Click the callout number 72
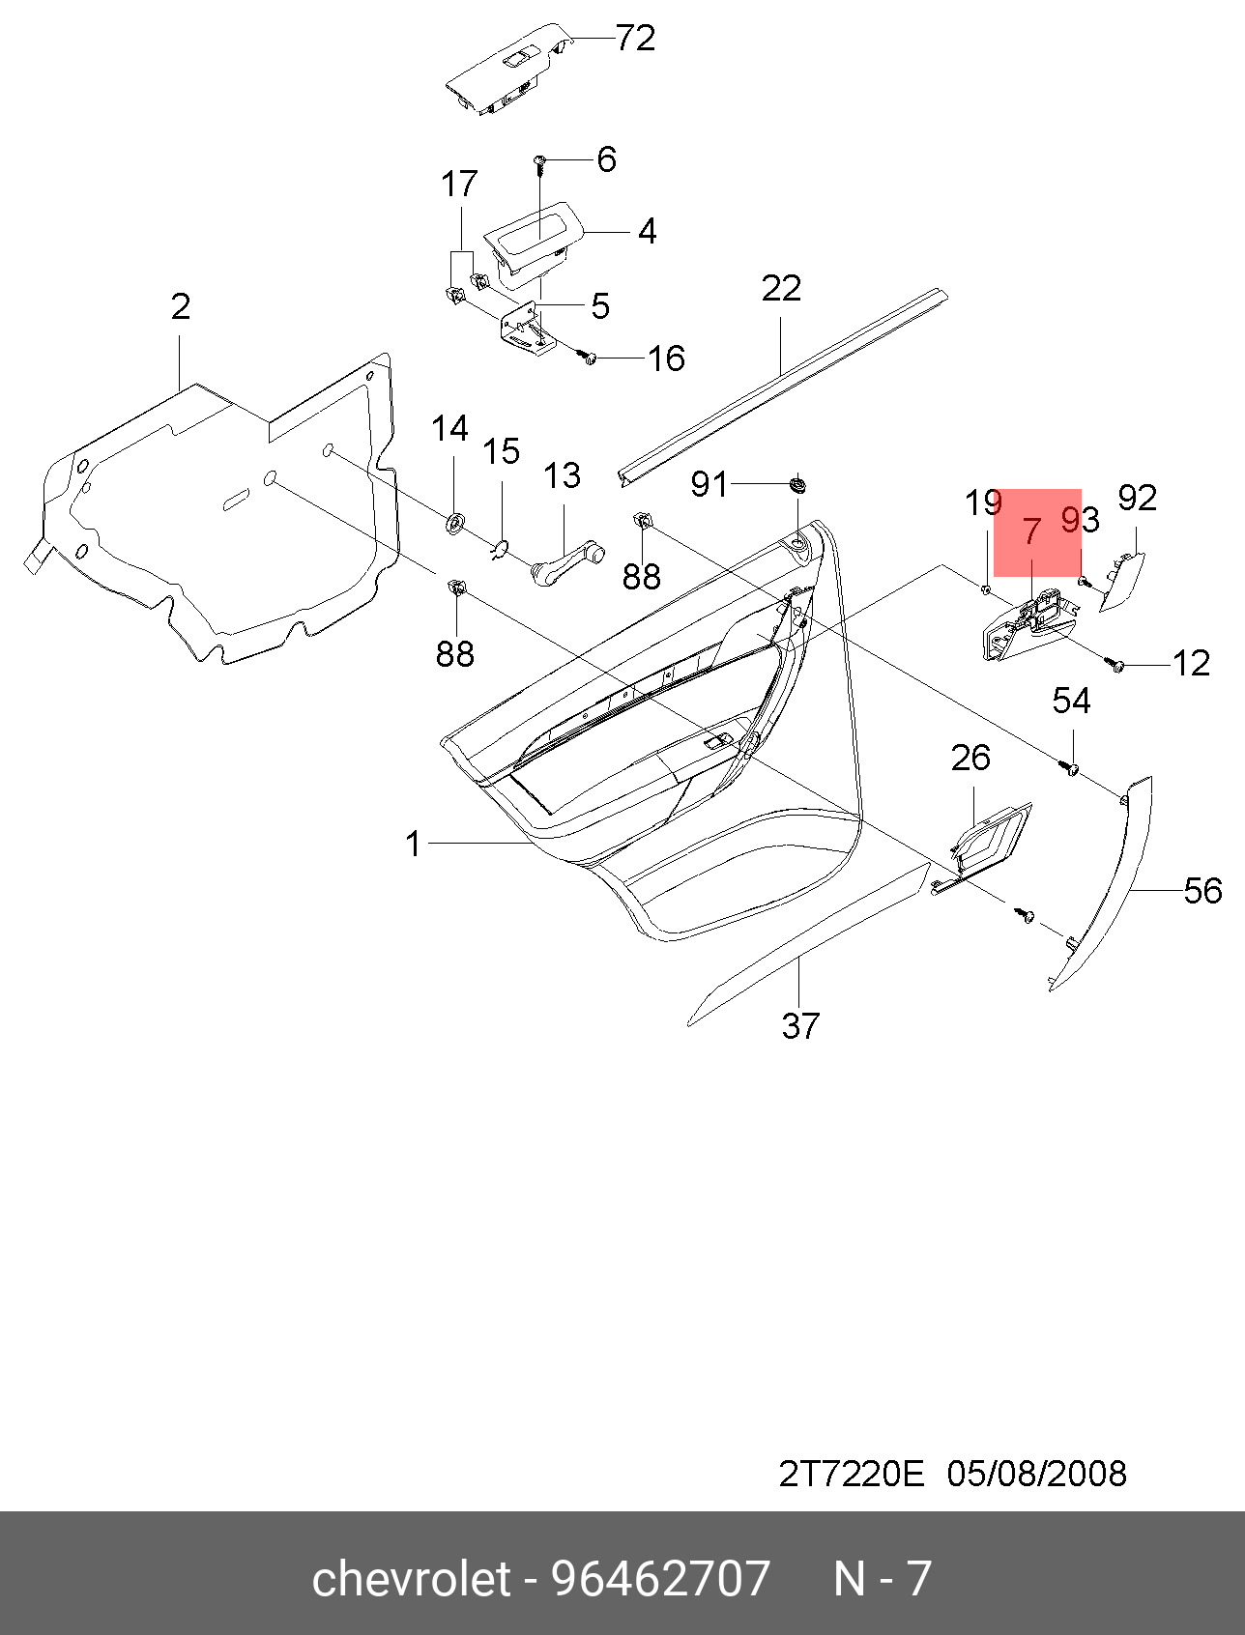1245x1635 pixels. pyautogui.click(x=635, y=39)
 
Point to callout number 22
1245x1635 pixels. pyautogui.click(x=781, y=288)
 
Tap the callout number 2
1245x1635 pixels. pyautogui.click(x=181, y=306)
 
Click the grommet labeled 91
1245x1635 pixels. pyautogui.click(x=797, y=482)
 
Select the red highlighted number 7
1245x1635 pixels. pyautogui.click(x=1031, y=531)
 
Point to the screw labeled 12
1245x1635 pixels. pyautogui.click(x=1118, y=666)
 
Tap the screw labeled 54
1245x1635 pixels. pyautogui.click(x=1070, y=768)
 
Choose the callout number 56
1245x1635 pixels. pyautogui.click(x=1202, y=890)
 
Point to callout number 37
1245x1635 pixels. pyautogui.click(x=800, y=1025)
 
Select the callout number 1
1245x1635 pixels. pyautogui.click(x=414, y=844)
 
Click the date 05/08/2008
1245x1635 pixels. pyautogui.click(x=1036, y=1474)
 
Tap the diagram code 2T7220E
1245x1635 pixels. pyautogui.click(x=852, y=1474)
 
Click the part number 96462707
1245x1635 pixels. pyautogui.click(x=660, y=1578)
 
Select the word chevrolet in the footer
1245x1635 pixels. pyautogui.click(x=411, y=1578)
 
